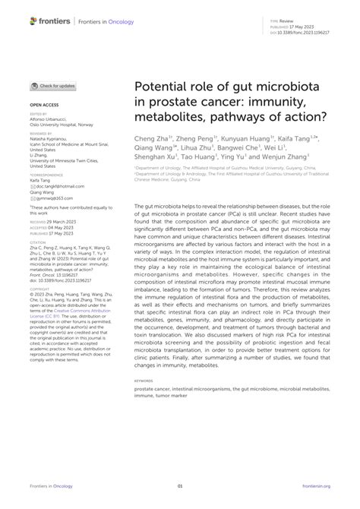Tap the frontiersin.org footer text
pos(318,487)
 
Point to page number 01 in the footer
pos(180,487)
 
